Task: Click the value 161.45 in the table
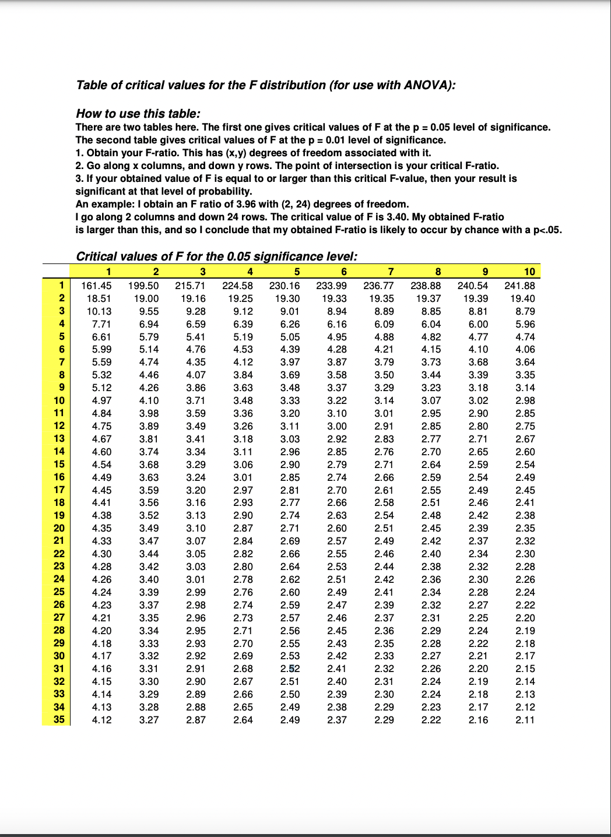pyautogui.click(x=96, y=286)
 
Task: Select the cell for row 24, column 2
pyautogui.click(x=149, y=579)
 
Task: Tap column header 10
pyautogui.click(x=529, y=272)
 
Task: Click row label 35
pyautogui.click(x=59, y=719)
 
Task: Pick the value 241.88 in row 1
pyautogui.click(x=519, y=286)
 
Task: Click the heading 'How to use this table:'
pyautogui.click(x=138, y=114)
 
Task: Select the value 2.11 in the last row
pyautogui.click(x=525, y=720)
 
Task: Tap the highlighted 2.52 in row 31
pyautogui.click(x=290, y=669)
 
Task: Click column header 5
pyautogui.click(x=297, y=272)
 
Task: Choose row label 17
pyautogui.click(x=59, y=490)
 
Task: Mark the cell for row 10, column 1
pyautogui.click(x=101, y=400)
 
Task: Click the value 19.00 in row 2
pyautogui.click(x=146, y=298)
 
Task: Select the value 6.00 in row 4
pyautogui.click(x=478, y=324)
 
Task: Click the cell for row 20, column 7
pyautogui.click(x=384, y=528)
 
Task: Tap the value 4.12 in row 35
pyautogui.click(x=101, y=720)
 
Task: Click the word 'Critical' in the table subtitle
pyautogui.click(x=97, y=256)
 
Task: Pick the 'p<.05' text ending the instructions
pyautogui.click(x=547, y=230)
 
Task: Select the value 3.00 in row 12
pyautogui.click(x=336, y=426)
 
